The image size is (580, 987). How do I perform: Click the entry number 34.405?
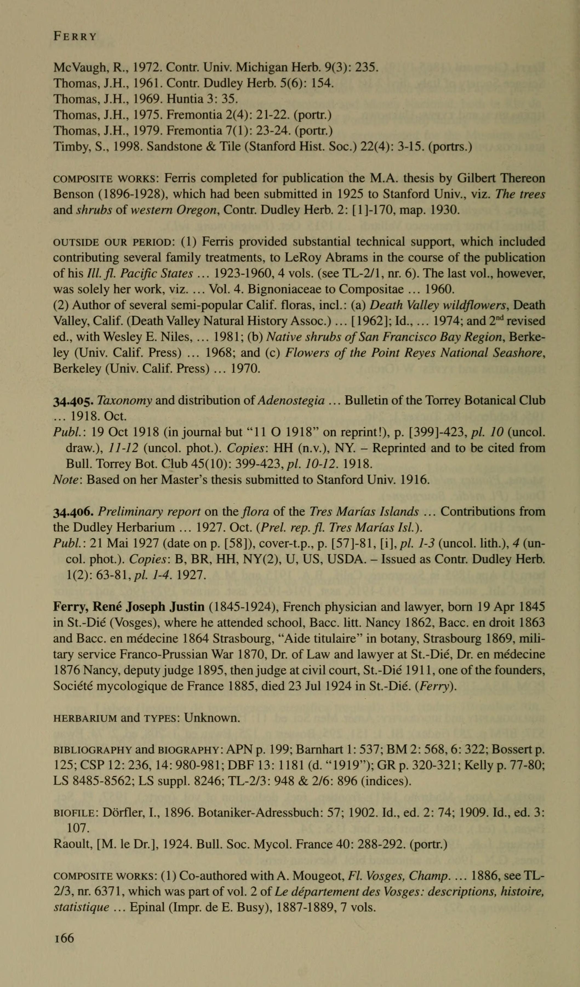coord(74,400)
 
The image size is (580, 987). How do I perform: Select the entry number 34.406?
coord(74,511)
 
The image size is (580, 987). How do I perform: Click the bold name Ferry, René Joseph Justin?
coord(129,607)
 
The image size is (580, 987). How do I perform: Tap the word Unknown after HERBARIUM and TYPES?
coord(211,718)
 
